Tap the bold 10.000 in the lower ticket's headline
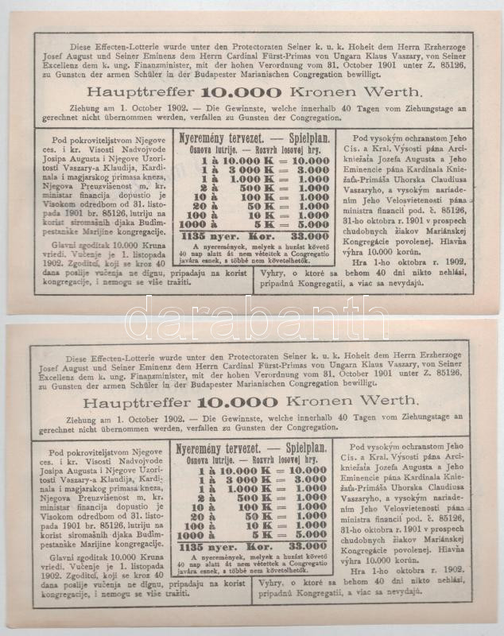(231, 403)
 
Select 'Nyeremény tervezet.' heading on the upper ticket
(215, 137)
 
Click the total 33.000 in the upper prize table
(305, 235)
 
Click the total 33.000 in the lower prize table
(305, 547)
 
